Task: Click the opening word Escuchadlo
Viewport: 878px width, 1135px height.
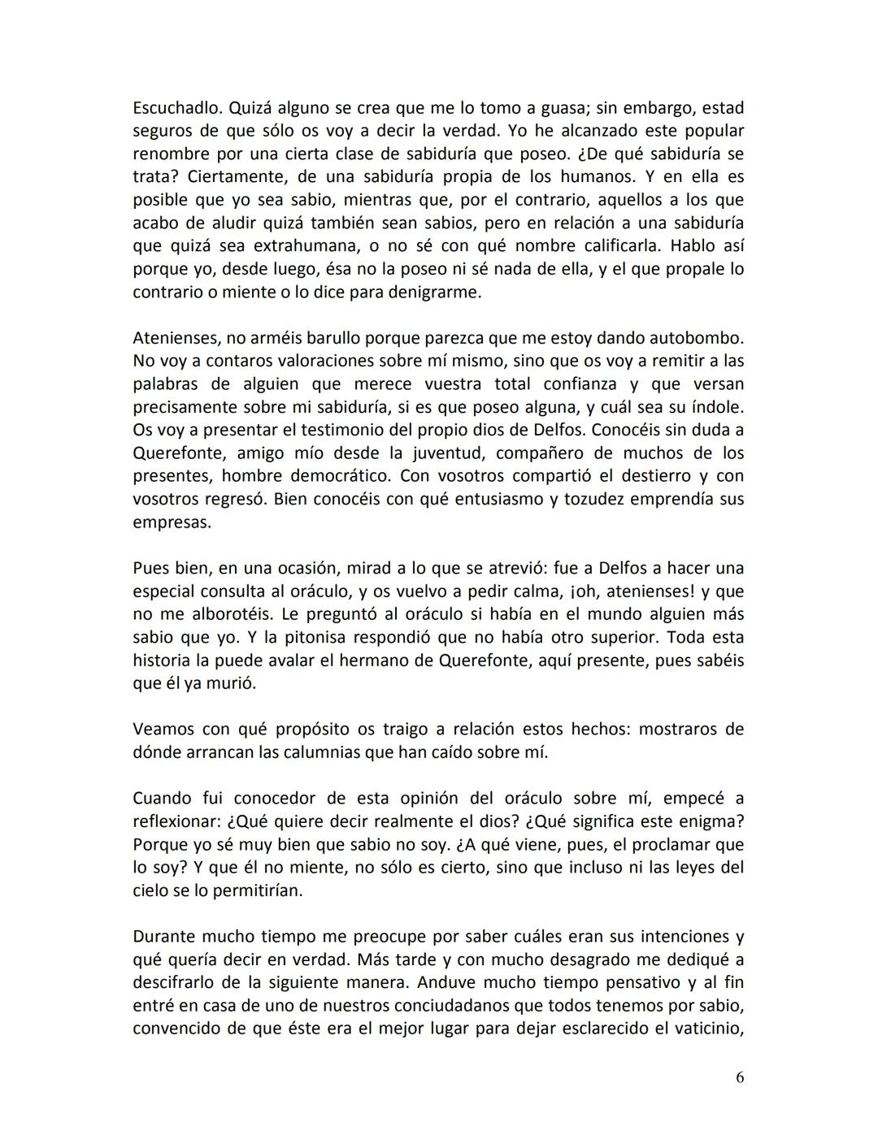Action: click(x=177, y=108)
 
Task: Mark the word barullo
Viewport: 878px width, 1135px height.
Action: click(x=342, y=337)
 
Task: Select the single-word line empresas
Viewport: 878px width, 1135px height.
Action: click(x=172, y=522)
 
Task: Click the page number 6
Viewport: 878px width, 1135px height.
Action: click(x=739, y=1078)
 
